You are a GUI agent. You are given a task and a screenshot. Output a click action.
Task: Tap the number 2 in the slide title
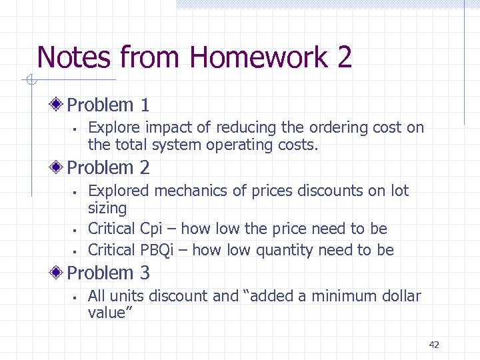click(x=344, y=57)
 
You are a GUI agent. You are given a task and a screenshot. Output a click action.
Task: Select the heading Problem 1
click(x=108, y=105)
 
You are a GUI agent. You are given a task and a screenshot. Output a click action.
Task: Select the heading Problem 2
click(x=108, y=167)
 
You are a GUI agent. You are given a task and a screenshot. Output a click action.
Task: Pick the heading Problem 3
click(x=108, y=273)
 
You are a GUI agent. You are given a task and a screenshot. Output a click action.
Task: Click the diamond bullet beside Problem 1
click(x=58, y=105)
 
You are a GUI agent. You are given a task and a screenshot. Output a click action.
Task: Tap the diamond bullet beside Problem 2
click(x=58, y=167)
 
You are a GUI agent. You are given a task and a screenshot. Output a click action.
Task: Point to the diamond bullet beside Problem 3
click(x=58, y=273)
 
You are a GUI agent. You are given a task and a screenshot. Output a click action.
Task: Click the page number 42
click(x=434, y=345)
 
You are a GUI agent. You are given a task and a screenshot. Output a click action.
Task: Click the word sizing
click(x=107, y=209)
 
